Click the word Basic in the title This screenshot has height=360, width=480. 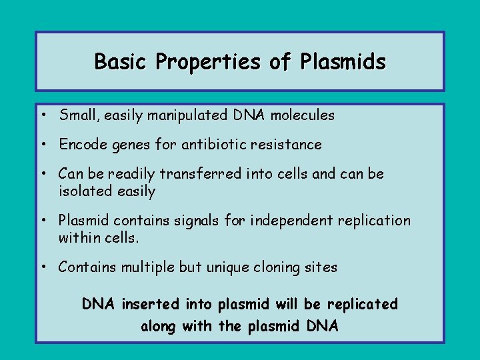pyautogui.click(x=121, y=62)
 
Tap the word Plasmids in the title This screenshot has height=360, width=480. pyautogui.click(x=343, y=62)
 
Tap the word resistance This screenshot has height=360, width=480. pyautogui.click(x=289, y=145)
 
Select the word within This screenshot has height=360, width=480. pyautogui.click(x=78, y=238)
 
